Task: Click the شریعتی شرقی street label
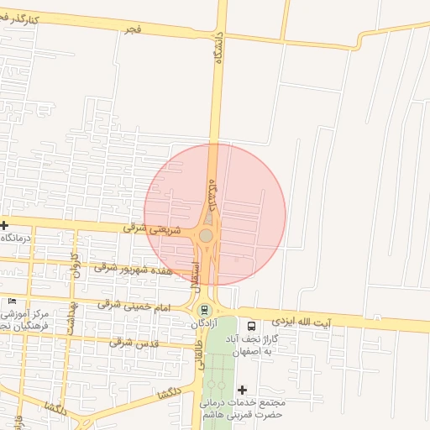point(147,228)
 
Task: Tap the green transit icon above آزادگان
point(206,309)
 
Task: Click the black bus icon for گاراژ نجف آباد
point(251,325)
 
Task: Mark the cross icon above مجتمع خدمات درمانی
point(243,390)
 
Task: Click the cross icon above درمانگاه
point(4,225)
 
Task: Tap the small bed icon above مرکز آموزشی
point(12,302)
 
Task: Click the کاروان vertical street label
point(75,265)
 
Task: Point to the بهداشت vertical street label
point(72,312)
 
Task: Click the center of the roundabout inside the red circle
point(206,236)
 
